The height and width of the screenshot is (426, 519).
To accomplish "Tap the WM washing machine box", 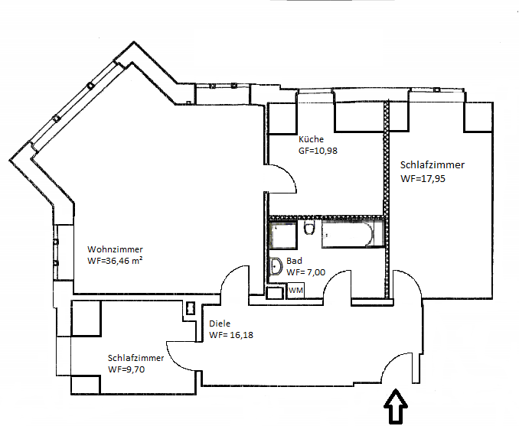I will point(295,291).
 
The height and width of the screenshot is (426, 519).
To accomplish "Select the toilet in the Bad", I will point(309,229).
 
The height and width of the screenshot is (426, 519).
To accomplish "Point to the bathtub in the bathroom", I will point(351,235).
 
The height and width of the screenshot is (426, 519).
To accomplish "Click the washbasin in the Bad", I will point(276,267).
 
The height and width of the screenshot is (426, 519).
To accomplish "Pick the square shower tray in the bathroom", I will point(282,235).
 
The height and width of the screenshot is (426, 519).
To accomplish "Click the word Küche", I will point(312,139).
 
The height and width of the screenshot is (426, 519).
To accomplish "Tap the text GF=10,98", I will point(318,151).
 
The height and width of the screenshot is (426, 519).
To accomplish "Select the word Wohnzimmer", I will point(115,249).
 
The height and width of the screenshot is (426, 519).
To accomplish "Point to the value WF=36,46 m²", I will point(116,261).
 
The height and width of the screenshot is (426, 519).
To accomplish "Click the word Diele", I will point(220,324).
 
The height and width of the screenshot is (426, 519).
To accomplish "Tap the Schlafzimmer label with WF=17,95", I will point(432,164).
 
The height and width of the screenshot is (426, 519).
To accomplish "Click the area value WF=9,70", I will point(126,369).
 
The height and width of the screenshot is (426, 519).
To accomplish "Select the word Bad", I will point(295,260).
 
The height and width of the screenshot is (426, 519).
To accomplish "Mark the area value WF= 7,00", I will point(306,272).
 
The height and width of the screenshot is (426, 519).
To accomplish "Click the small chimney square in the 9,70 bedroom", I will point(190,309).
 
